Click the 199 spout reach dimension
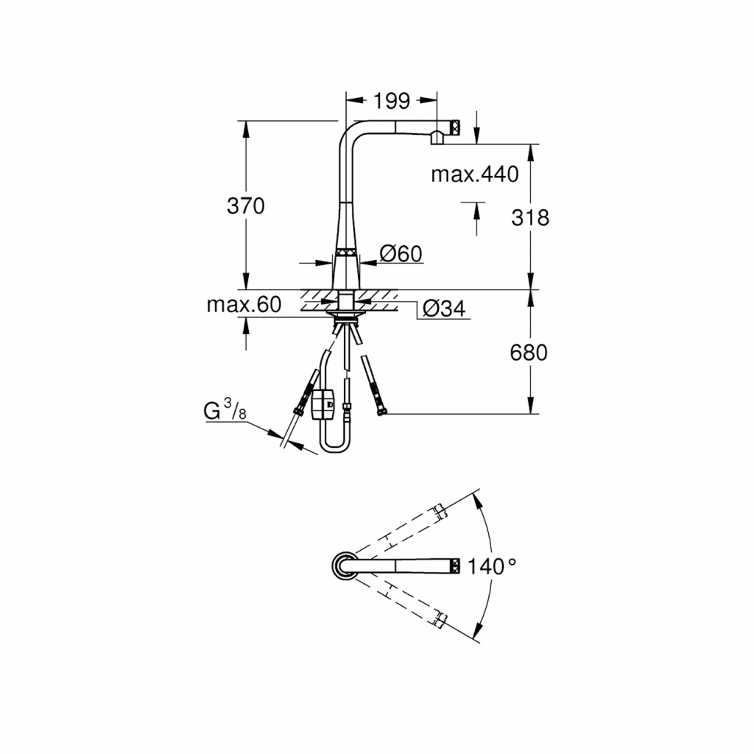tap(392, 99)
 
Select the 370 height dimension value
tap(245, 206)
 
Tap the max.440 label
tap(474, 175)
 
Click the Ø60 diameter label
tap(401, 254)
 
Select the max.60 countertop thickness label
tap(243, 305)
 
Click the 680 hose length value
tap(529, 353)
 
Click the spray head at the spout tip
tap(446, 132)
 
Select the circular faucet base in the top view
tap(342, 566)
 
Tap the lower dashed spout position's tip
tap(440, 620)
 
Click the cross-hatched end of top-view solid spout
tap(456, 566)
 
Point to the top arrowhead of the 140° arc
tap(479, 501)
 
